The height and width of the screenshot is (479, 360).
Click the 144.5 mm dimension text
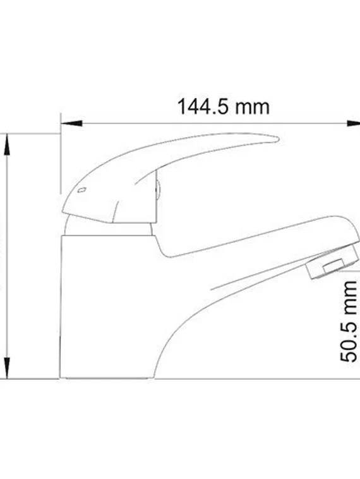click(x=223, y=107)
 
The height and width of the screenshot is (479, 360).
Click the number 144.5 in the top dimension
click(x=201, y=107)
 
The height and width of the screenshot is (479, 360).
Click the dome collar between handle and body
click(x=107, y=226)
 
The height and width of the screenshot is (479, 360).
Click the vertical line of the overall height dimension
click(x=7, y=253)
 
